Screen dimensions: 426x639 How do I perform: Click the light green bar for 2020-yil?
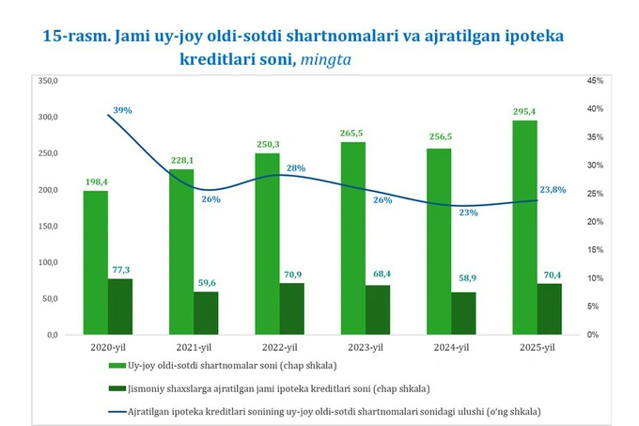click(x=95, y=262)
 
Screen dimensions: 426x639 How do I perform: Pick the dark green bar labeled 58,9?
click(x=463, y=313)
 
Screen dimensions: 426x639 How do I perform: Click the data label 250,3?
click(x=267, y=144)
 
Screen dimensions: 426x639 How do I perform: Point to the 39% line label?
click(x=122, y=111)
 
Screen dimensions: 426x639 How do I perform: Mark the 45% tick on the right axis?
click(x=594, y=81)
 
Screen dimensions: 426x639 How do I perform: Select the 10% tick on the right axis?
click(x=594, y=278)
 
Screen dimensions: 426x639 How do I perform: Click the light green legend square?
click(x=116, y=365)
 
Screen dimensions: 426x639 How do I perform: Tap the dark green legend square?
click(x=116, y=388)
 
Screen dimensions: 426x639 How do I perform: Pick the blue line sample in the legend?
click(x=116, y=411)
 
